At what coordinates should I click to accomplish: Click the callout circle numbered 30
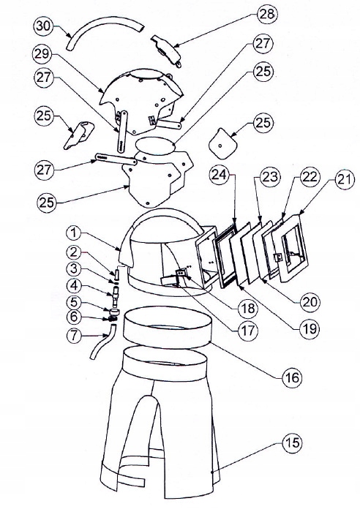click(x=44, y=26)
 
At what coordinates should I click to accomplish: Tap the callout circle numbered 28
click(x=267, y=14)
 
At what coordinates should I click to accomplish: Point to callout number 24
click(x=220, y=175)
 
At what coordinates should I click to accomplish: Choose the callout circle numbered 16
click(x=292, y=377)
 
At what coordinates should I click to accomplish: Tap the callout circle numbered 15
click(x=292, y=442)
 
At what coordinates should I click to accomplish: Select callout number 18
click(x=248, y=309)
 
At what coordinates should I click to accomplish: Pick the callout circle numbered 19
click(x=310, y=329)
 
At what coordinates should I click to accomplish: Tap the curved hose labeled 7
click(x=103, y=342)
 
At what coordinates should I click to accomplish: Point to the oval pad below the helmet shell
click(x=155, y=146)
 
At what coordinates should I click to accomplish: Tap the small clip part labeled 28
click(x=167, y=50)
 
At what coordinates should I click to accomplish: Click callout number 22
click(x=310, y=177)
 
